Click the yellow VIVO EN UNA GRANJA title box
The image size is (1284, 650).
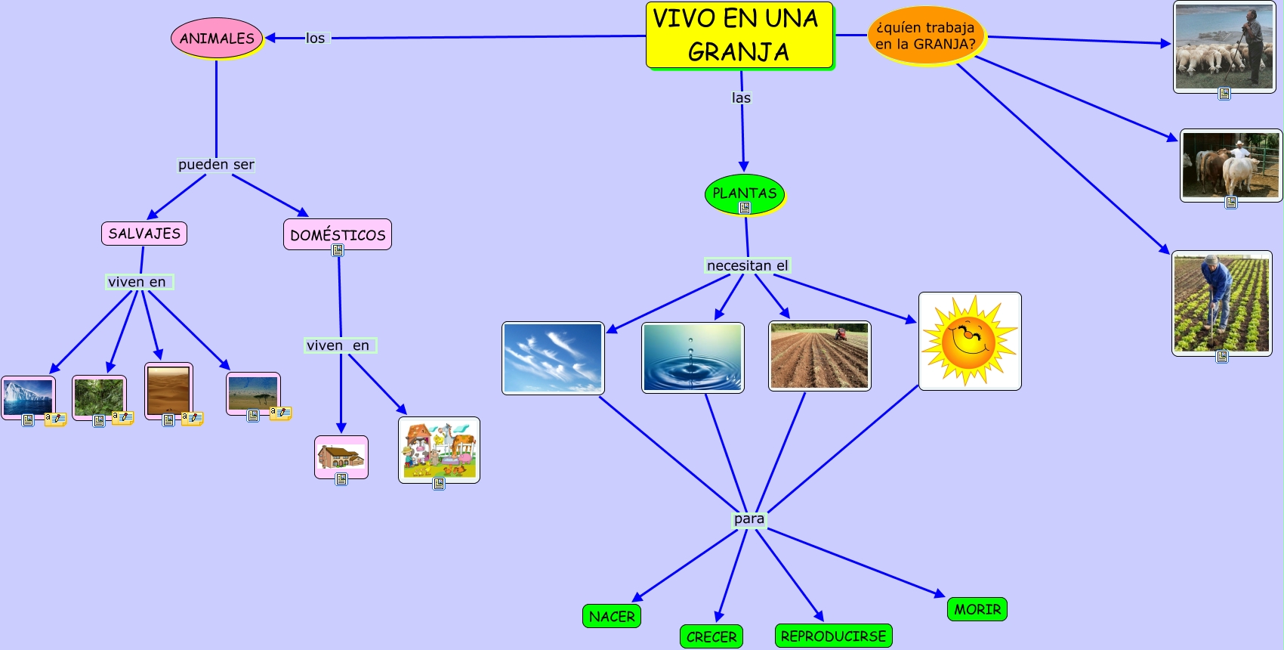pos(739,36)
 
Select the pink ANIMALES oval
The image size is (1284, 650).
pos(217,38)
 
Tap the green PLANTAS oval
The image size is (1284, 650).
pos(745,194)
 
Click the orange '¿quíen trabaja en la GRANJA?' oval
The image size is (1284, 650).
pos(926,36)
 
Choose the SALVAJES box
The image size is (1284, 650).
pos(144,234)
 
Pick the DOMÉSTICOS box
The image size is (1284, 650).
pos(338,234)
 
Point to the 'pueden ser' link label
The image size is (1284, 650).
pos(216,165)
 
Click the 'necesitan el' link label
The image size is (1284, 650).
pos(748,265)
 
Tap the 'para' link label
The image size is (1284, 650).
pos(749,519)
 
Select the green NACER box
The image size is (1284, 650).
pos(612,616)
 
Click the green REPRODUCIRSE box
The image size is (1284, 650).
pos(833,636)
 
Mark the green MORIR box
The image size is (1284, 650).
pos(977,609)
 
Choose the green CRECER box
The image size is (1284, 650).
pos(711,637)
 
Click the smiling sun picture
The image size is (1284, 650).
pos(970,342)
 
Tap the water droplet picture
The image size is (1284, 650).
pos(693,357)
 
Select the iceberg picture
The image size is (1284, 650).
pos(28,398)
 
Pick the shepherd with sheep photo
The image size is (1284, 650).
pos(1224,47)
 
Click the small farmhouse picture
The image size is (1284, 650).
pos(341,457)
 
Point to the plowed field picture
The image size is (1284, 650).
pos(819,356)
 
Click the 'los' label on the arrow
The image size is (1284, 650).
pos(315,38)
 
